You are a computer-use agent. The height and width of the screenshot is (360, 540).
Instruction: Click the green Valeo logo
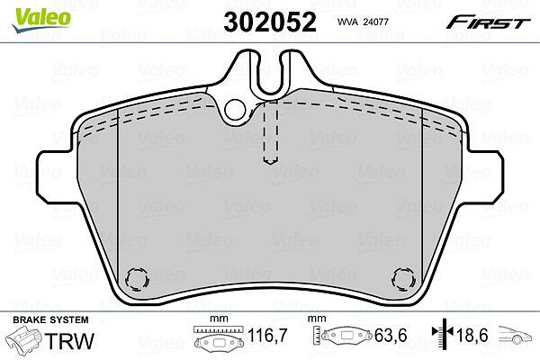41,20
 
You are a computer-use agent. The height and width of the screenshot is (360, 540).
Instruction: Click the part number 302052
270,22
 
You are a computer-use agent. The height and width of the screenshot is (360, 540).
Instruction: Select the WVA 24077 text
363,22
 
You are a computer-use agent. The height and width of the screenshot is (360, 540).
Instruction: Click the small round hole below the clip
235,109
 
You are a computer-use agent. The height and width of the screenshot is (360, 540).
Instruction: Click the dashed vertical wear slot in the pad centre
270,132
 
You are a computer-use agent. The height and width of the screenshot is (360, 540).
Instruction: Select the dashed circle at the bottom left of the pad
137,278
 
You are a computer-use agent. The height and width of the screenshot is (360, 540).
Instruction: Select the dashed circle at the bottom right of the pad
403,278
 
